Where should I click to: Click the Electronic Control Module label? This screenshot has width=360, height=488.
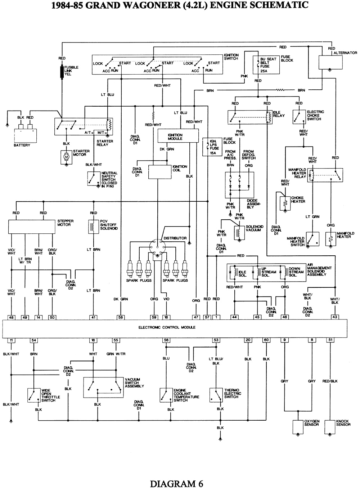click(x=167, y=327)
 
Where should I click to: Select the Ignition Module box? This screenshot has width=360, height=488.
click(x=178, y=136)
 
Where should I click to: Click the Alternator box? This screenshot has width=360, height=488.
click(x=330, y=62)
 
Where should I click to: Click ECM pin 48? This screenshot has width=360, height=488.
click(x=12, y=317)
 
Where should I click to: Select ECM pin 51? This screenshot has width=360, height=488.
click(x=330, y=340)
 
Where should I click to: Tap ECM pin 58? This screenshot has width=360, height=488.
click(x=121, y=317)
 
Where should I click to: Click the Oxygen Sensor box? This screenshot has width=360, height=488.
click(x=298, y=426)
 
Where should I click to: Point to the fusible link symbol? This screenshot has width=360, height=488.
click(x=62, y=71)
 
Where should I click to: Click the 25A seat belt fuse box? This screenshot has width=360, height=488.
click(x=266, y=64)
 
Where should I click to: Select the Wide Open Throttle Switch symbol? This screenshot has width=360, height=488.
click(x=34, y=395)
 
